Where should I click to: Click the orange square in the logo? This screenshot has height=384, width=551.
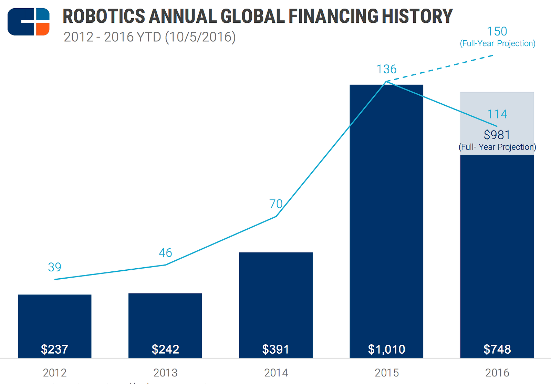pos(43,29)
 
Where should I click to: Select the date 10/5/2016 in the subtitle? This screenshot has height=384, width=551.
pos(200,37)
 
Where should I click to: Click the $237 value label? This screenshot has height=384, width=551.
pos(54,349)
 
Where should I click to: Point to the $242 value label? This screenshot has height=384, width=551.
pos(165,349)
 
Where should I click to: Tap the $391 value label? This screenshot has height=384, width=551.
pos(275,349)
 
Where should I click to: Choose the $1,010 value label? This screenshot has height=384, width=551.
pos(386,349)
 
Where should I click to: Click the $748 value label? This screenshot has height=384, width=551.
pos(497,349)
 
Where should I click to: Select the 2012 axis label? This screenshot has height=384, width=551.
pos(54,373)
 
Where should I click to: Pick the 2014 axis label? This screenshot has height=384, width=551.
pos(276,373)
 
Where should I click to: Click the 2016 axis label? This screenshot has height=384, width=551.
pos(497,373)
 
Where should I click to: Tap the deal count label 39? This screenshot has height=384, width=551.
pos(54,267)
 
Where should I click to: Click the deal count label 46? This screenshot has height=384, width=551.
pos(165,253)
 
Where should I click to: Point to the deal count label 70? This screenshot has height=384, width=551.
pos(276,204)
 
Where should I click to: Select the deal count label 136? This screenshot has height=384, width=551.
pos(386,69)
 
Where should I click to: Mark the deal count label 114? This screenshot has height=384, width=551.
pos(497,114)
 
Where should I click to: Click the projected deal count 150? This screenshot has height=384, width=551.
pos(497,31)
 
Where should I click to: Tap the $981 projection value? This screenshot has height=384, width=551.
pos(497,135)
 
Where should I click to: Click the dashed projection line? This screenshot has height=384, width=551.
pos(441,68)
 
